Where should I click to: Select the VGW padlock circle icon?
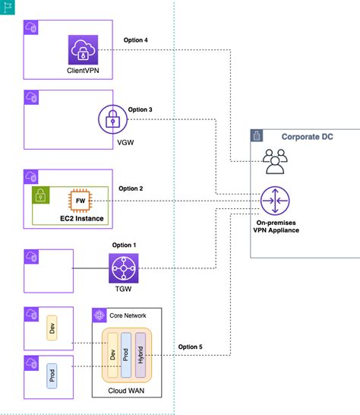pos(113,119)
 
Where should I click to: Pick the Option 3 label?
pos(141,109)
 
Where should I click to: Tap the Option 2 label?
pos(131,188)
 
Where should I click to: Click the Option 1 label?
pos(123,245)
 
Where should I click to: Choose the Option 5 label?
pos(191,347)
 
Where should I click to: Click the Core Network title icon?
pos(99,315)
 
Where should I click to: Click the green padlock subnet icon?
pos(40,195)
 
